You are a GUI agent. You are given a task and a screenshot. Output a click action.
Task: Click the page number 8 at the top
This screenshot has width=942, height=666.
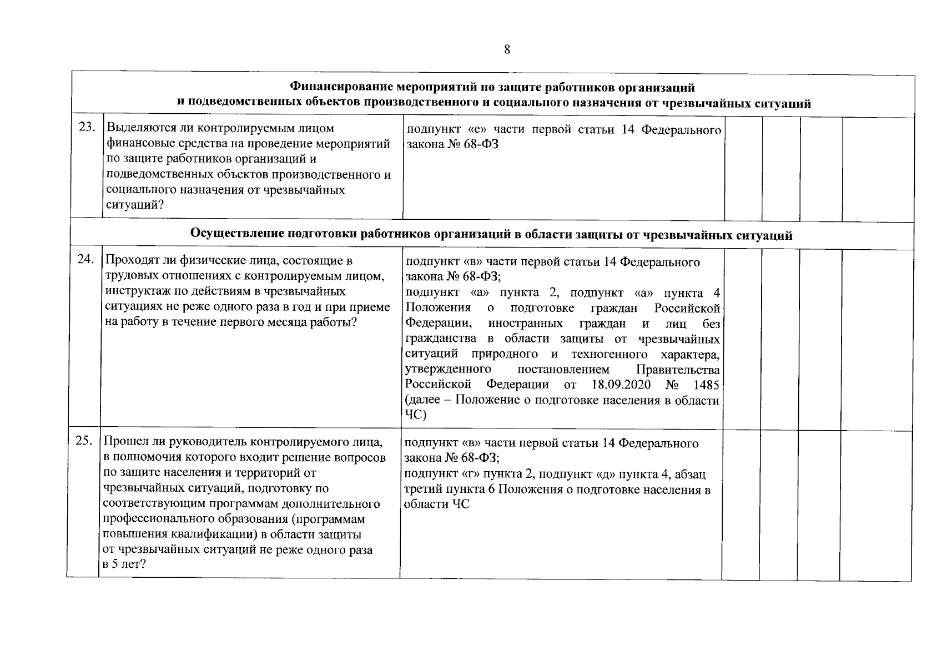click(x=507, y=49)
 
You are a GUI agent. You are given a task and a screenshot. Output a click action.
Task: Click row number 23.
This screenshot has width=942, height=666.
click(x=86, y=128)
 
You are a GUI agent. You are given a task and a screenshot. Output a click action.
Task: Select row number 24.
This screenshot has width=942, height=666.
click(x=85, y=260)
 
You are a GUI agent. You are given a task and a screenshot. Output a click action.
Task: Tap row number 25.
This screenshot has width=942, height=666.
click(x=84, y=442)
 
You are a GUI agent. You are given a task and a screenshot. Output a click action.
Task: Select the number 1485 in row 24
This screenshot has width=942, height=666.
click(x=705, y=385)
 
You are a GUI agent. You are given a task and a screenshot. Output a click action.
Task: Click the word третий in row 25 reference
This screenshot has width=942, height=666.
click(x=422, y=490)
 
